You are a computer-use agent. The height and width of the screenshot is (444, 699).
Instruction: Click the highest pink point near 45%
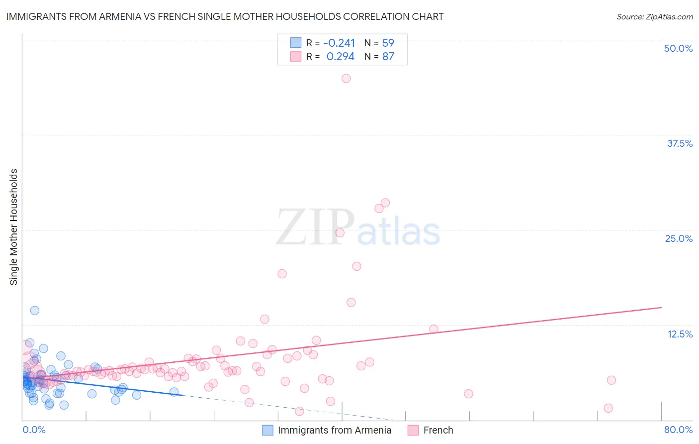[x=346, y=78]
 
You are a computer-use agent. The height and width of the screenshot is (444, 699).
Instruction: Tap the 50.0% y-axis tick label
[x=678, y=48]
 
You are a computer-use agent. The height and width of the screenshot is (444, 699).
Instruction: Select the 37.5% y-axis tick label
[x=680, y=143]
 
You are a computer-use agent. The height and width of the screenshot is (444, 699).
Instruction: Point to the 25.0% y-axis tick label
[x=679, y=238]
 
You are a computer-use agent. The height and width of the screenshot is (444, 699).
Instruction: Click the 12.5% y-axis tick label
[x=680, y=334]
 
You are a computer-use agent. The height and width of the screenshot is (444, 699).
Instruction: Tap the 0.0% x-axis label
[x=34, y=430]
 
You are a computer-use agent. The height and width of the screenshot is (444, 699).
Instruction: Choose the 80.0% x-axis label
[x=678, y=430]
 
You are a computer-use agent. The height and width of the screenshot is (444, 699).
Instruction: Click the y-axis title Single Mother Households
[x=14, y=227]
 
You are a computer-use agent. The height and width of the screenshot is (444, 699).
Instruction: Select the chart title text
[x=225, y=16]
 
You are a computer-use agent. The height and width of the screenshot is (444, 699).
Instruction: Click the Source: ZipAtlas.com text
[x=654, y=16]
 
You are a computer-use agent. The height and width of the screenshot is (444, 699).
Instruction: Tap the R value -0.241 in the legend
[x=339, y=43]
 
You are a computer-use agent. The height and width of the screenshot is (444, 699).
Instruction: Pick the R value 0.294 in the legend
[x=340, y=56]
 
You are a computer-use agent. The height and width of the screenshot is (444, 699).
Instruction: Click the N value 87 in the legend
[x=388, y=56]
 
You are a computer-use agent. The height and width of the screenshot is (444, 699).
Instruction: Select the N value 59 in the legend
[x=388, y=43]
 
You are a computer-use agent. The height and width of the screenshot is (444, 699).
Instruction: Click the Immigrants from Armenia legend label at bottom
[x=334, y=430]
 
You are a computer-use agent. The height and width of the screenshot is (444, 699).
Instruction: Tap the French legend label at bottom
[x=438, y=430]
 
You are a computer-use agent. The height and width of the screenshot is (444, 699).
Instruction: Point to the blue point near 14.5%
[x=35, y=310]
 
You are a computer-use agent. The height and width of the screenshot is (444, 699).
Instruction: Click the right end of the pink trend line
[x=661, y=308]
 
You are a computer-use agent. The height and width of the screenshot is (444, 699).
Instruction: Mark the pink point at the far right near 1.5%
[x=608, y=408]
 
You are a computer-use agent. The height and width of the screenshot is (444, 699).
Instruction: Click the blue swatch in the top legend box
[x=296, y=43]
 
